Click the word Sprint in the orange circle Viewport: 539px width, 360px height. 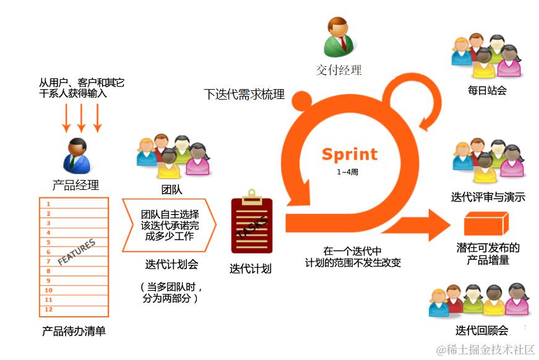pos(348,153)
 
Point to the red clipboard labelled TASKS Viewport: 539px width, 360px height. pos(251,226)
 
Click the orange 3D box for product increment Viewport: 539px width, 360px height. pos(486,223)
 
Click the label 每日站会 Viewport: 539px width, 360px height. pos(487,90)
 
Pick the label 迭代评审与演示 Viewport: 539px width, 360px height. pos(488,197)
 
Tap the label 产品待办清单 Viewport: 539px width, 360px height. pos(74,332)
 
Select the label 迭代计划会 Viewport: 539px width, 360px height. pos(171,265)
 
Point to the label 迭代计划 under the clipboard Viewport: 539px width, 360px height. pos(251,268)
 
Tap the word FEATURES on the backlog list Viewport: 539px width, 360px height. pos(77,253)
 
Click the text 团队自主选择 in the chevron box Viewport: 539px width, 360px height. pos(170,214)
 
